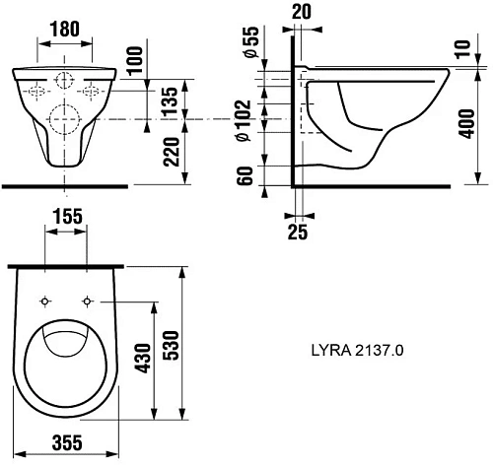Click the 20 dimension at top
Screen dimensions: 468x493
coord(303,12)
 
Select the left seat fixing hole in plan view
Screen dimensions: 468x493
coord(45,300)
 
